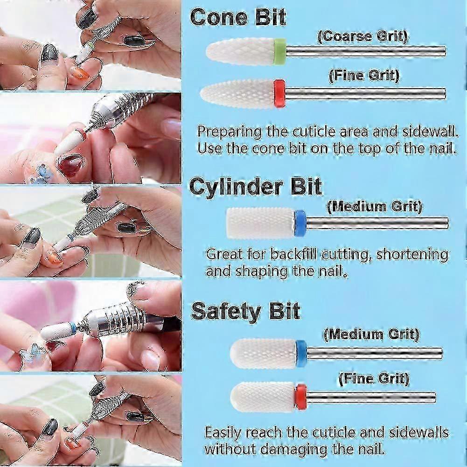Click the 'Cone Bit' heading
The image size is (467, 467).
coord(238,17)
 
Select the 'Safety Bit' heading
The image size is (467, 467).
coord(245,311)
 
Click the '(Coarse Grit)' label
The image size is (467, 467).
coord(362,37)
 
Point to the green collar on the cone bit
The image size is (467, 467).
coord(280,51)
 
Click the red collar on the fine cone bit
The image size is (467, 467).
coord(279,93)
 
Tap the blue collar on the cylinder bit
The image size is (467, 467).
coord(300,223)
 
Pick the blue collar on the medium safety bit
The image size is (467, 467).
coord(301,354)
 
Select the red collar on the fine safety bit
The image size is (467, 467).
coord(301,397)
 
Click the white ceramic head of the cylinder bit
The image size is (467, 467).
coord(260,223)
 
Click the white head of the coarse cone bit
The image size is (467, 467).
coord(240,51)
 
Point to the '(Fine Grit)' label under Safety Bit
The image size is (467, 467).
coord(374,379)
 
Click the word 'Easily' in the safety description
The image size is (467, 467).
coord(223,433)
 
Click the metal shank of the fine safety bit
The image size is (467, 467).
coord(371,397)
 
